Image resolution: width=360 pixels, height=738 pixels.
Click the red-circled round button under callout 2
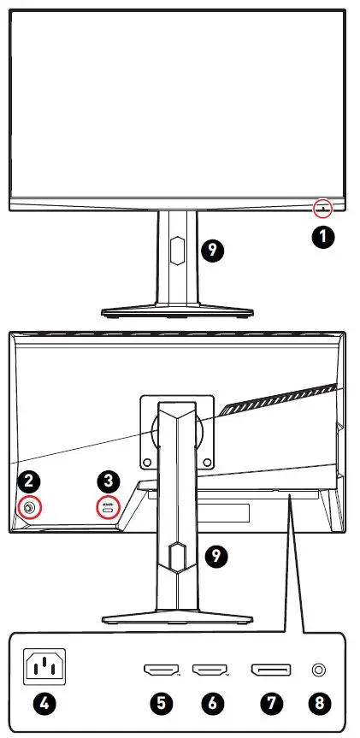pyautogui.click(x=30, y=508)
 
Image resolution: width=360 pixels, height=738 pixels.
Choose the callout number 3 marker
pyautogui.click(x=109, y=481)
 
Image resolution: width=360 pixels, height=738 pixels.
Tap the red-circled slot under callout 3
pyautogui.click(x=110, y=507)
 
